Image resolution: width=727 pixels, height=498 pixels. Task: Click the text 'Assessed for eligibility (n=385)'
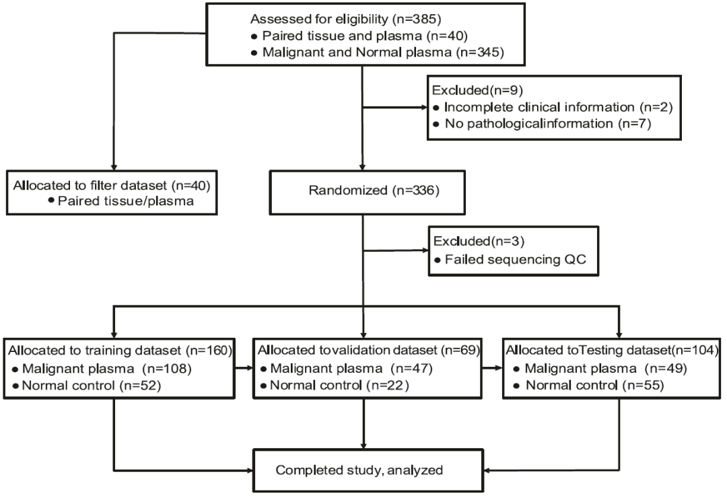pyautogui.click(x=345, y=19)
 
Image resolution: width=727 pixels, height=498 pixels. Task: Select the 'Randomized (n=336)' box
pyautogui.click(x=368, y=192)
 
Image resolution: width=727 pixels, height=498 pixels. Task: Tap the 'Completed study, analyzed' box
pyautogui.click(x=368, y=470)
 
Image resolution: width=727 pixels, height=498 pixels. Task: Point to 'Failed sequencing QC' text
pyautogui.click(x=516, y=259)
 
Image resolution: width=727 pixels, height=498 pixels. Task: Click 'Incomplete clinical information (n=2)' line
pyautogui.click(x=558, y=107)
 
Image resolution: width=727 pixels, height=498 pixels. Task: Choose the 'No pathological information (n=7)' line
pyautogui.click(x=548, y=123)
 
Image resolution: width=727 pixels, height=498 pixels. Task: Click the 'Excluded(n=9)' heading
pyautogui.click(x=477, y=90)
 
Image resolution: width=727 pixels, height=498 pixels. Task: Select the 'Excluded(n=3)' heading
pyautogui.click(x=479, y=241)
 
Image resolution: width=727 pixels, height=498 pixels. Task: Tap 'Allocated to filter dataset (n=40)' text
pyautogui.click(x=112, y=186)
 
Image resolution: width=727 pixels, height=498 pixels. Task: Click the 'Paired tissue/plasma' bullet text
pyautogui.click(x=126, y=201)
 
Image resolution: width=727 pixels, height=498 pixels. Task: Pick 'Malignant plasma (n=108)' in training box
pyautogui.click(x=106, y=369)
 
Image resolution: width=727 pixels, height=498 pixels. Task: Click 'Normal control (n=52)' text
pyautogui.click(x=92, y=386)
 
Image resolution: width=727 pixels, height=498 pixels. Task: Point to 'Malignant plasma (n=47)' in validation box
pyautogui.click(x=351, y=369)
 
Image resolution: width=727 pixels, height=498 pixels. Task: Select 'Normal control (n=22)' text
pyautogui.click(x=339, y=385)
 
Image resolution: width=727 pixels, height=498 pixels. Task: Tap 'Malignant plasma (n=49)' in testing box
pyautogui.click(x=606, y=369)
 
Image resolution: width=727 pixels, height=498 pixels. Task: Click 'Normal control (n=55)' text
pyautogui.click(x=595, y=385)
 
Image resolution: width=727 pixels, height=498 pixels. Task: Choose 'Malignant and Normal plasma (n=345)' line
pyautogui.click(x=383, y=52)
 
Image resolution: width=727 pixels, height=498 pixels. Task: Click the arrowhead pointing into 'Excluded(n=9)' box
pyautogui.click(x=423, y=108)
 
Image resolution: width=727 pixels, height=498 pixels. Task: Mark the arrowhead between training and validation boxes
pyautogui.click(x=250, y=369)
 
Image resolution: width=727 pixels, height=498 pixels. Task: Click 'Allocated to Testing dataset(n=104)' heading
pyautogui.click(x=613, y=350)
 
